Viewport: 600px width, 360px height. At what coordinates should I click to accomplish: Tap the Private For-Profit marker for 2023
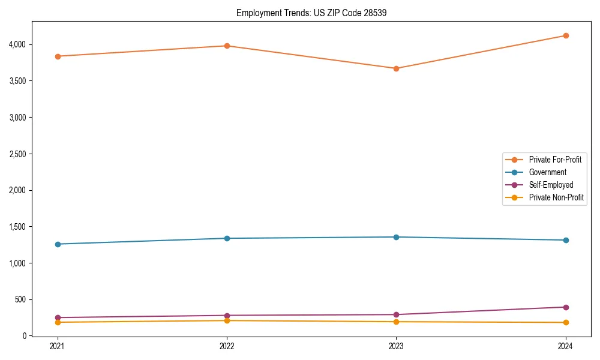(x=396, y=68)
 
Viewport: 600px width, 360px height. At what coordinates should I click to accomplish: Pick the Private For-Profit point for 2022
(x=227, y=46)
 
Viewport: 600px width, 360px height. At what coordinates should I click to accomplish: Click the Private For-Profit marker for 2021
(x=58, y=56)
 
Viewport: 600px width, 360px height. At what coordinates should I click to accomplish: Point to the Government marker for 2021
(x=58, y=244)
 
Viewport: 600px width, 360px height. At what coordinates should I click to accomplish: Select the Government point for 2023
(x=396, y=237)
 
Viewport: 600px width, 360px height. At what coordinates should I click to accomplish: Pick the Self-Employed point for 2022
(x=227, y=316)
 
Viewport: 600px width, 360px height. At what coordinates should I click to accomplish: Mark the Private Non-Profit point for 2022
(x=227, y=320)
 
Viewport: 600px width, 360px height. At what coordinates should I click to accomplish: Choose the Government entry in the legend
(x=547, y=172)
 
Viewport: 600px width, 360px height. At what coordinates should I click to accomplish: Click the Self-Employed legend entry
(x=551, y=185)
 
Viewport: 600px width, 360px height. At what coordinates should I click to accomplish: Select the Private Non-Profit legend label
(x=556, y=197)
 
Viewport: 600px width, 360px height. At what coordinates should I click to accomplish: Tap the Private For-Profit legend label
(x=555, y=160)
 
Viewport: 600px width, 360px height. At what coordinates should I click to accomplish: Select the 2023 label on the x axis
(x=396, y=346)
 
